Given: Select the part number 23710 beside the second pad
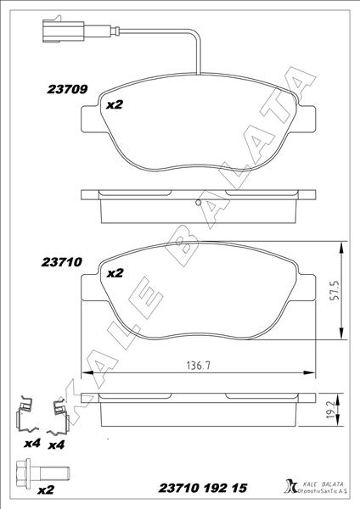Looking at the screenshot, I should tap(62, 263).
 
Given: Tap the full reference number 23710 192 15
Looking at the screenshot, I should tap(204, 489).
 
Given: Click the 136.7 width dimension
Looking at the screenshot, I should tap(199, 366).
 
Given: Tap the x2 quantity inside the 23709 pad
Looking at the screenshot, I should tap(115, 105).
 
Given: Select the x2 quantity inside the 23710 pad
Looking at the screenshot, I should tap(115, 273).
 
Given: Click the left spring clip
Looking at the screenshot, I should tap(29, 414).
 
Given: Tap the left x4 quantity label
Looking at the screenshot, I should tap(32, 444).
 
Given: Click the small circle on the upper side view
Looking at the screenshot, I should tap(197, 202).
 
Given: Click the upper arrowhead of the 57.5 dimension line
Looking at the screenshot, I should tap(340, 243).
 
